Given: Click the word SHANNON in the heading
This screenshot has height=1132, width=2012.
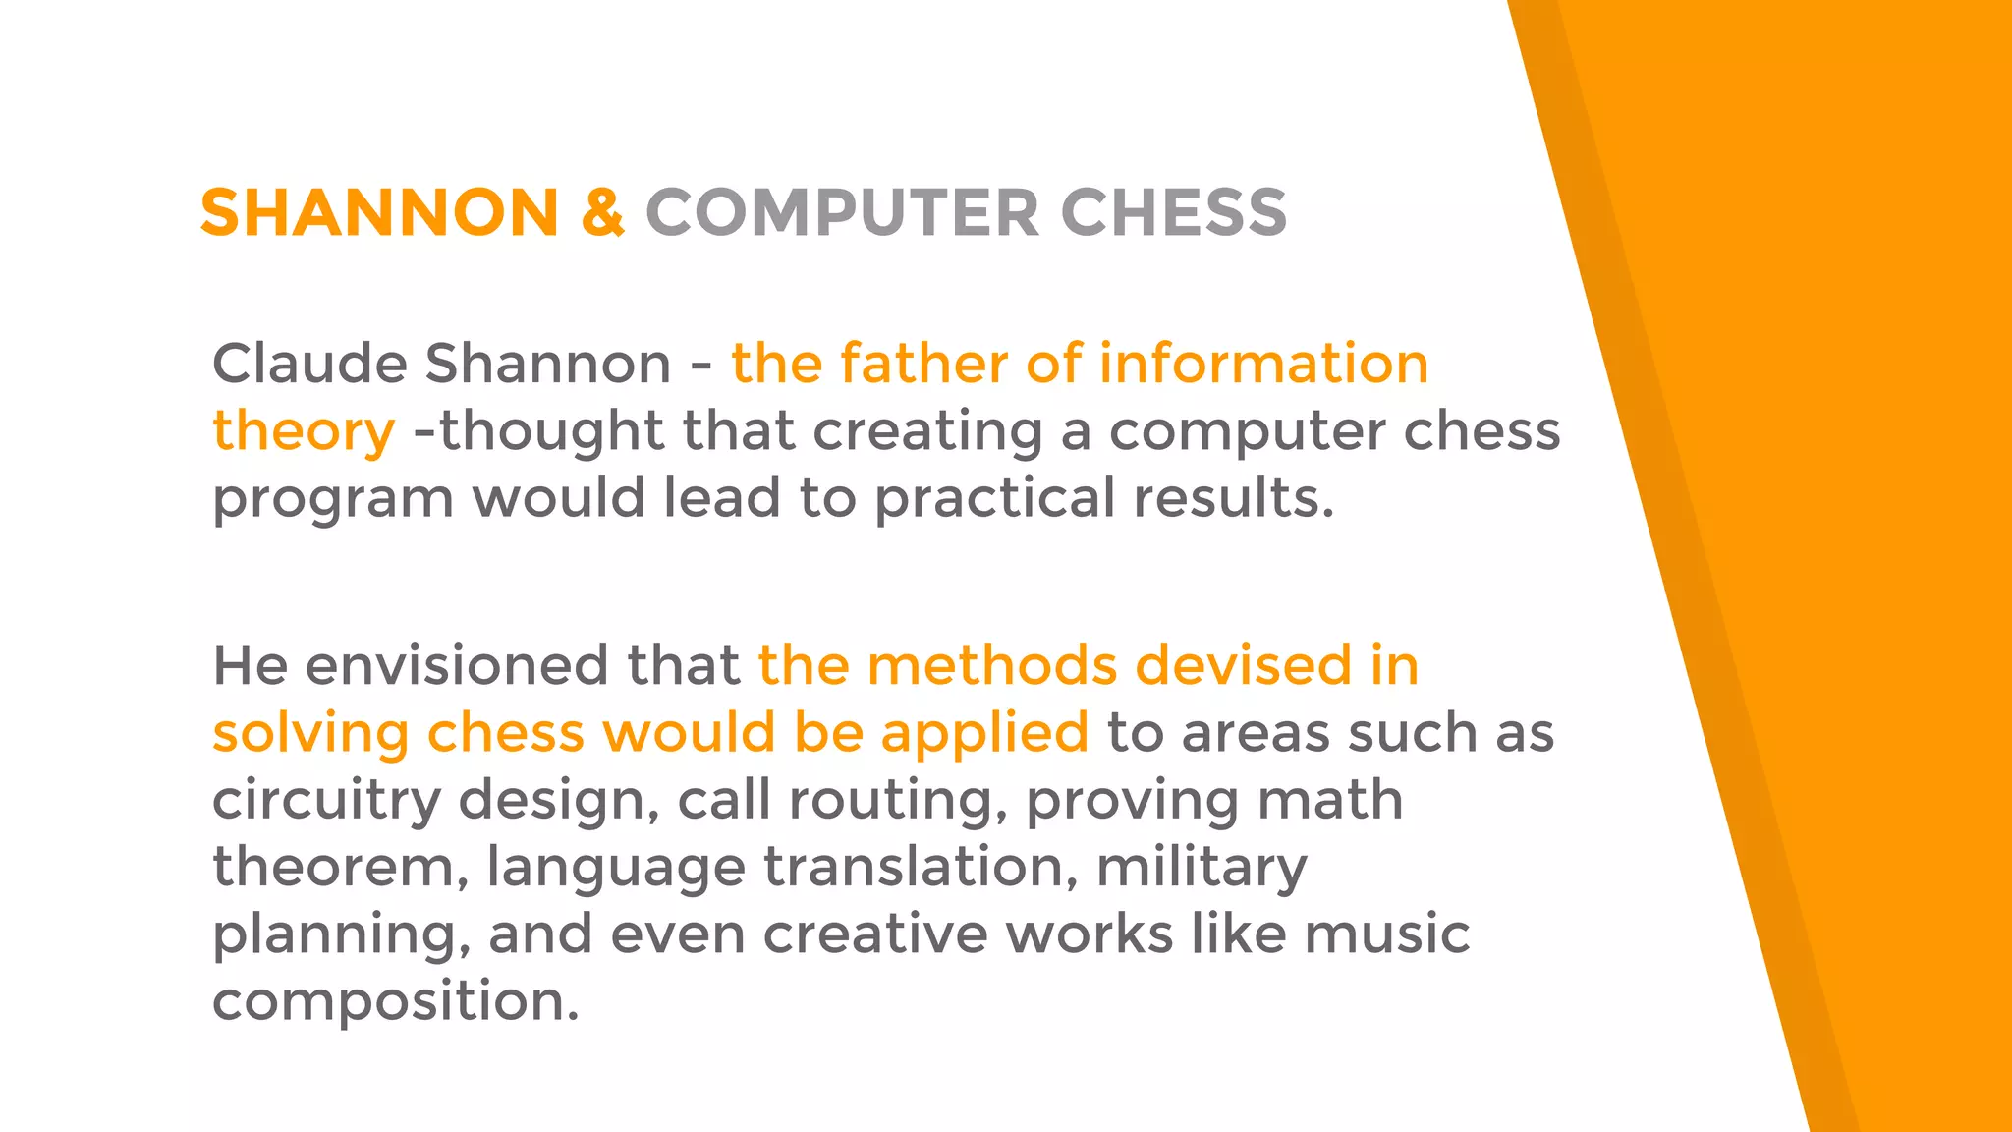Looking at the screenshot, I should (379, 212).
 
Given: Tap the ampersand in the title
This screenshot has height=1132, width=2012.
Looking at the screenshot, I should (602, 212).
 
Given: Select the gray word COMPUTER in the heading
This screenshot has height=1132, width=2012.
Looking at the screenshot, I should (842, 212).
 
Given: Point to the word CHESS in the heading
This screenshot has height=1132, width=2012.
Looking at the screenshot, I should (1174, 212).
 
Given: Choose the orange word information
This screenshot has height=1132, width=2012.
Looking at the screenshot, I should (1263, 364).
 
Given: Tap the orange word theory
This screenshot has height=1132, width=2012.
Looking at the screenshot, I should (304, 432).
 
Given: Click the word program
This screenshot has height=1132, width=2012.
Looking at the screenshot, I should (333, 499).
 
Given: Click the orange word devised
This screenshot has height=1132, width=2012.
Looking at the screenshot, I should (1244, 665).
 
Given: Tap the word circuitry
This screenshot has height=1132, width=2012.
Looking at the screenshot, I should (326, 800).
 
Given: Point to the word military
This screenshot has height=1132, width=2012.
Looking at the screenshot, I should (1202, 869).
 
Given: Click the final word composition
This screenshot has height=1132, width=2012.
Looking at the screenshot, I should (395, 1002).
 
